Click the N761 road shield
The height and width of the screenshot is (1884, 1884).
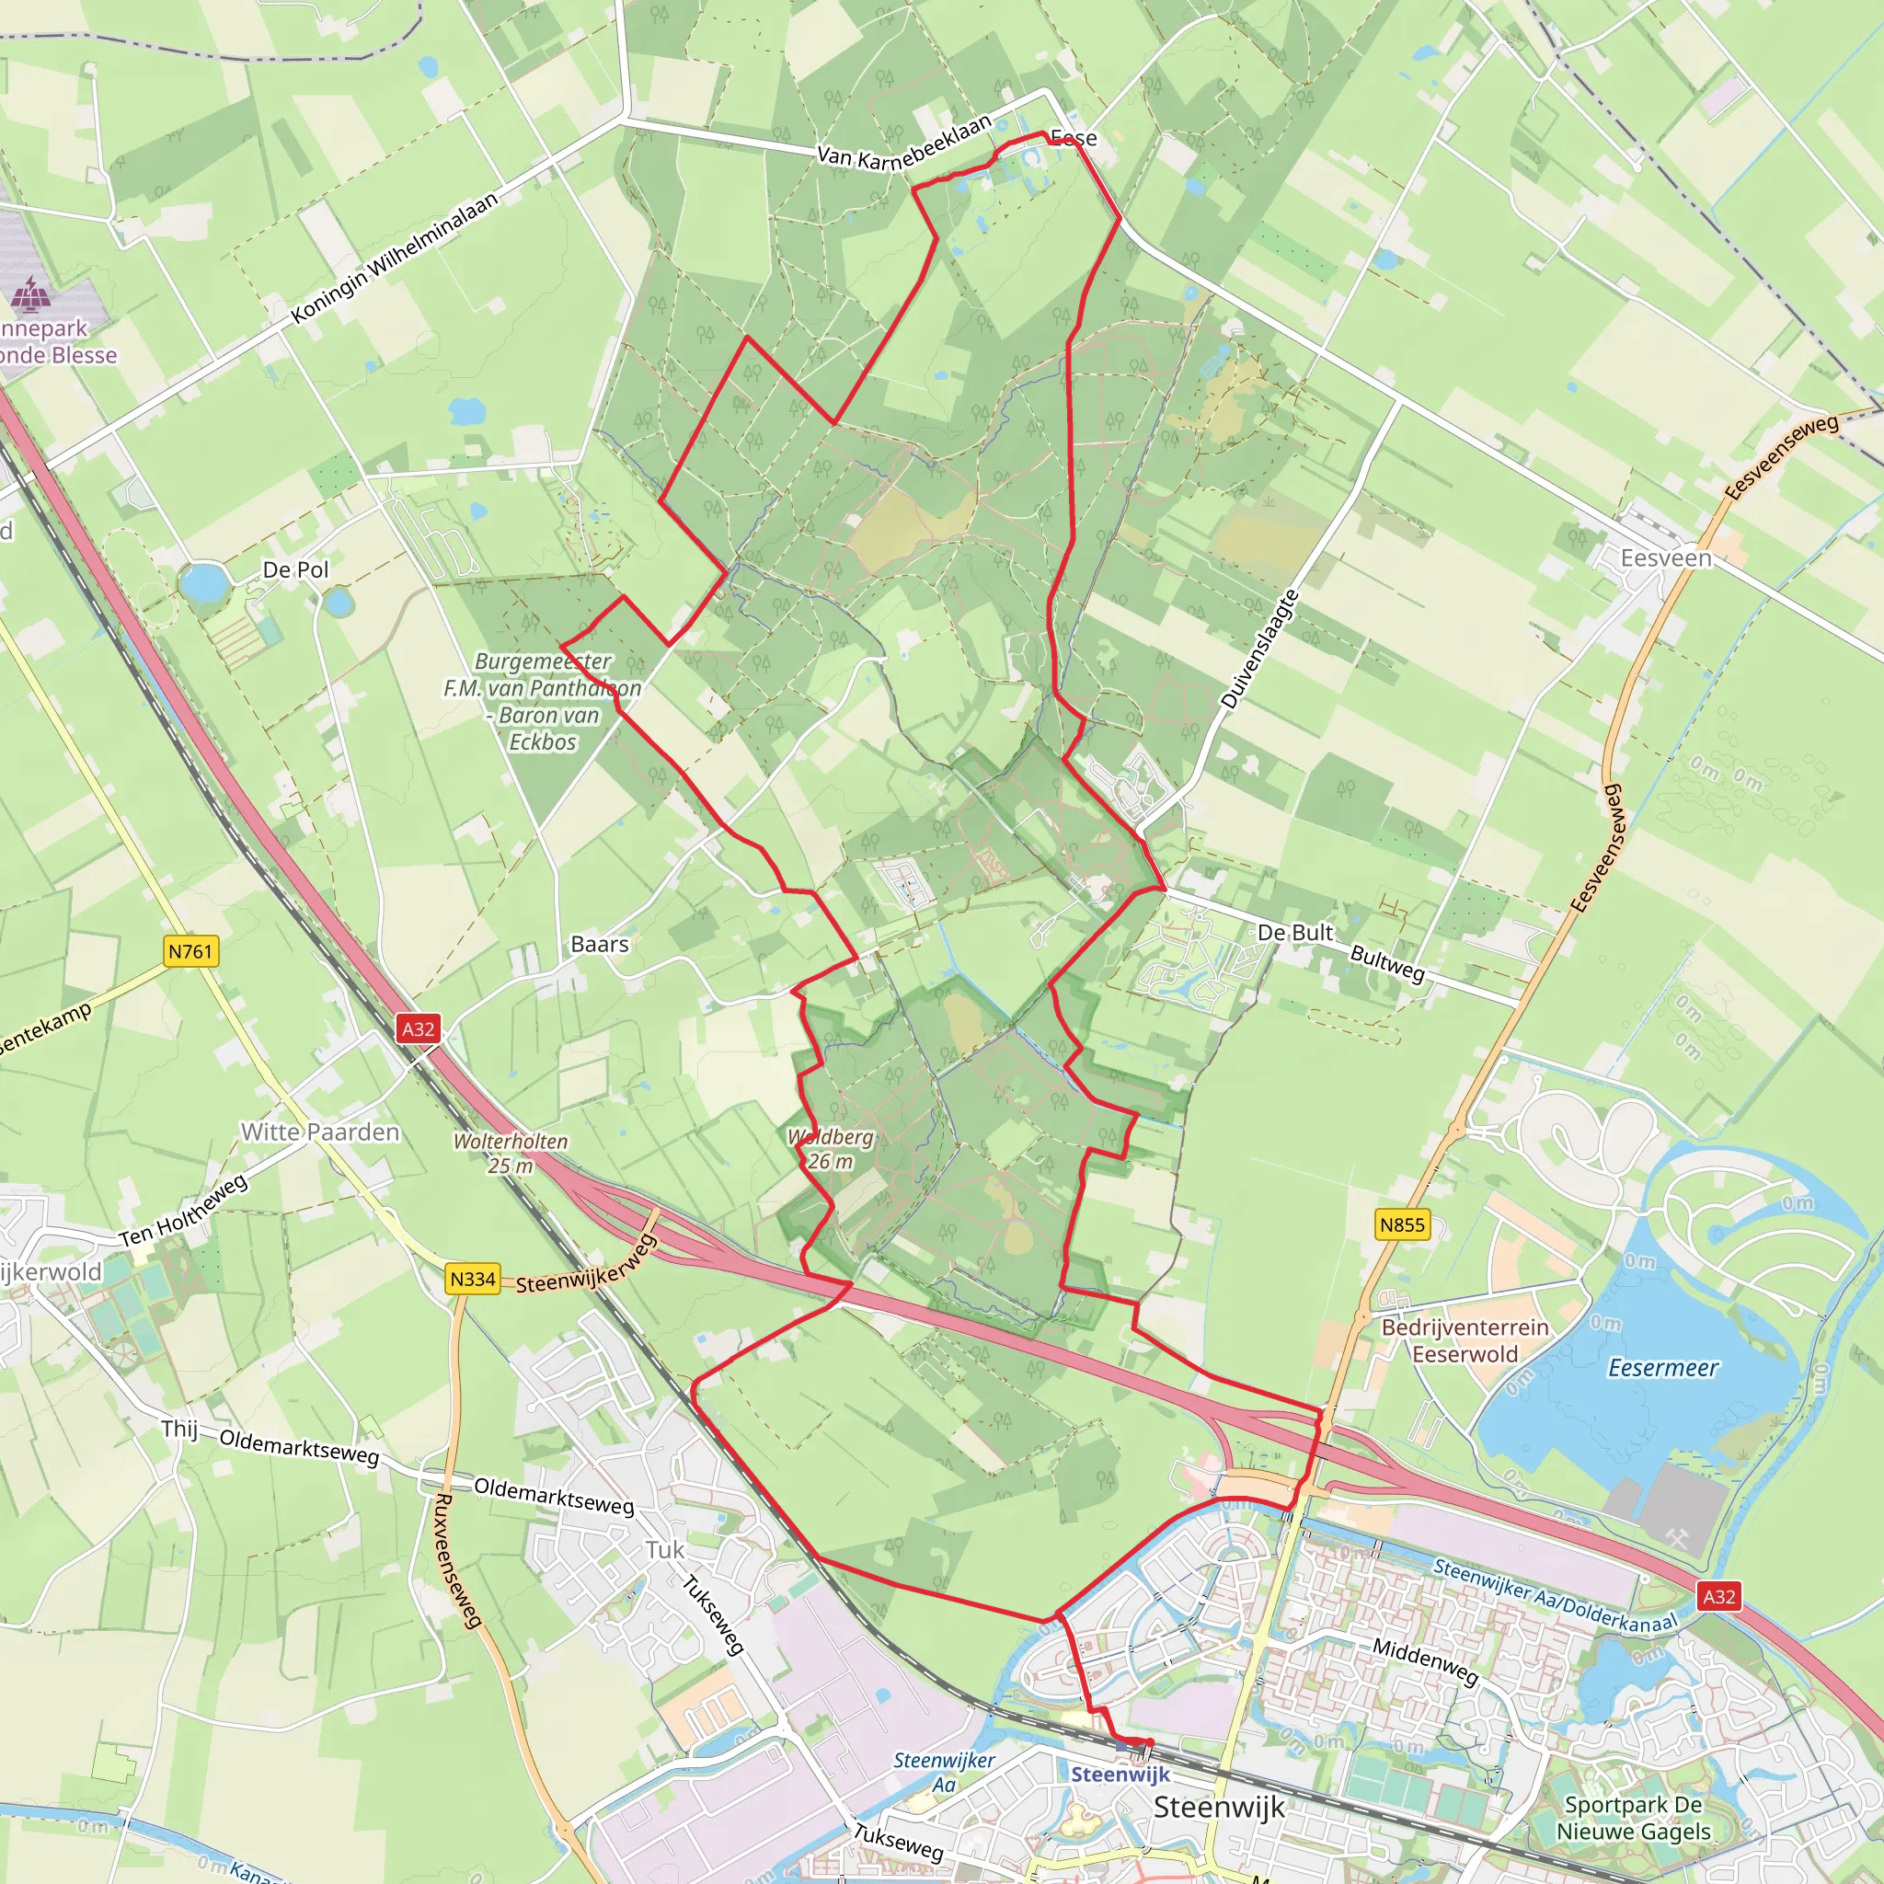tap(190, 952)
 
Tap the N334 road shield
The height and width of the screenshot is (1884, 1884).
tap(472, 1279)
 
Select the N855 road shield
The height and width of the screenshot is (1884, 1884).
tap(1402, 1224)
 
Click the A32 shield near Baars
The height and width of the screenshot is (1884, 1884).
tap(419, 1028)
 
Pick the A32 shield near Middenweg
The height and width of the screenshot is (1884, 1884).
tap(1718, 1596)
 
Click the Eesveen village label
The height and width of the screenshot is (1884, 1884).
tap(1666, 558)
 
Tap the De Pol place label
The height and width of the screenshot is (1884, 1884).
tap(295, 569)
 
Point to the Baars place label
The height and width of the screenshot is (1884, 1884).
tap(600, 944)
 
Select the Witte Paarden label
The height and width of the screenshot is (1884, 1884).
tap(320, 1132)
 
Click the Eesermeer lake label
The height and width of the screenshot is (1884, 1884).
tap(1662, 1368)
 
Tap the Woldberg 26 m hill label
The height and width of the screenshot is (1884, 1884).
tap(830, 1149)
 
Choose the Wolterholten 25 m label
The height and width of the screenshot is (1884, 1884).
tap(510, 1153)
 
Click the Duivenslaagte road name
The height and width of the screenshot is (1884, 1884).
tap(1260, 649)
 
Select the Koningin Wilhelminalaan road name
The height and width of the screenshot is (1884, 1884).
tap(395, 258)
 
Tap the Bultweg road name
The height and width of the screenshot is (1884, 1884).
tap(1386, 962)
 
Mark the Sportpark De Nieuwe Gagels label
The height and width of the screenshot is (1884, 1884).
tap(1633, 1818)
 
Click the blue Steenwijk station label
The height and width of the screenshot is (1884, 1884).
tap(1120, 1774)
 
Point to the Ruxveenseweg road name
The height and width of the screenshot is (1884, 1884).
tap(456, 1560)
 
